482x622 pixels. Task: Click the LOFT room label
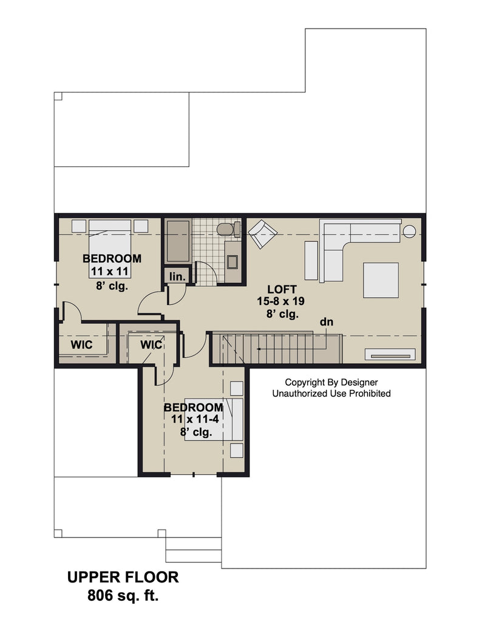click(282, 289)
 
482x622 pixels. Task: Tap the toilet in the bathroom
click(228, 229)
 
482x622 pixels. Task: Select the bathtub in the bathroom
click(178, 241)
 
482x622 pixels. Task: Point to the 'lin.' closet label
click(177, 276)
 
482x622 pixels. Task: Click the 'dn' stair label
click(327, 322)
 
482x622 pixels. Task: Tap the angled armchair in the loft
click(262, 234)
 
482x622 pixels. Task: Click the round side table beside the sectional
click(410, 231)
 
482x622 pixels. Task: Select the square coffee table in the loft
click(381, 280)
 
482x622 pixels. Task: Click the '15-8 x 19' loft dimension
click(280, 301)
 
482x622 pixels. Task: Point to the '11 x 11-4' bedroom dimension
click(195, 419)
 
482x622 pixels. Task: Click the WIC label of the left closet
click(82, 344)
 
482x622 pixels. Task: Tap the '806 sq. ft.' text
click(123, 595)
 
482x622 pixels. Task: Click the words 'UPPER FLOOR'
click(123, 577)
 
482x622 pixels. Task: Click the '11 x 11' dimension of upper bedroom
click(110, 272)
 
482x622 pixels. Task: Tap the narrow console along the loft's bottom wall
click(390, 354)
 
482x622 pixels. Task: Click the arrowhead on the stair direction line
click(259, 349)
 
